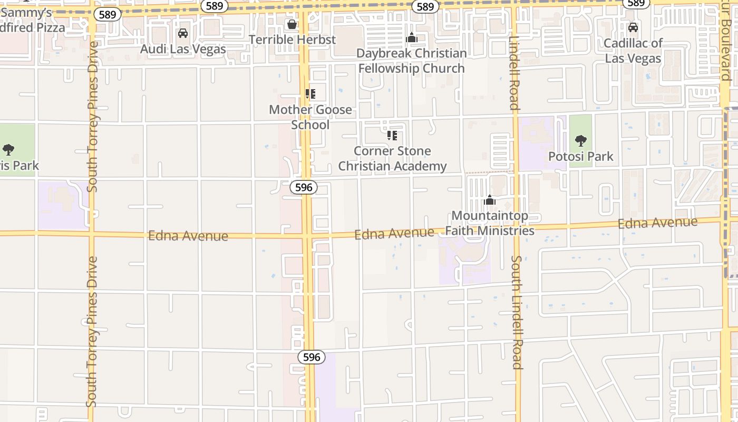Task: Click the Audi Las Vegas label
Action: tap(183, 49)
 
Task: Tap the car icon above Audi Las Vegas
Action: tap(183, 33)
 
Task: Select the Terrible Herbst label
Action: tap(292, 40)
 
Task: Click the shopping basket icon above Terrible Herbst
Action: tap(292, 24)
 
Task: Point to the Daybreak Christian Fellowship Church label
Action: tap(411, 61)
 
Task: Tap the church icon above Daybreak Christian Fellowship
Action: tap(412, 38)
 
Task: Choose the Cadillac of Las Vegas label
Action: tap(633, 51)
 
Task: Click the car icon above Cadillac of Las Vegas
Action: tap(633, 27)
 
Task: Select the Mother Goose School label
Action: tap(310, 117)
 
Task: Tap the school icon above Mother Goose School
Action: tap(310, 94)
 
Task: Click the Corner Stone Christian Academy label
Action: tap(392, 158)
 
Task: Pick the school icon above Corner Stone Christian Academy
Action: tap(392, 136)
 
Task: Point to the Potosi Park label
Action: tap(581, 156)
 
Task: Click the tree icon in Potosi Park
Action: tap(580, 141)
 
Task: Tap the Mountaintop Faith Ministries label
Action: tap(490, 223)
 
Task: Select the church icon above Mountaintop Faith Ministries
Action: tap(490, 200)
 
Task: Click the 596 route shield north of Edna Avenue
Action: tap(304, 187)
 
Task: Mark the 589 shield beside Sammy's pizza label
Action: tap(107, 14)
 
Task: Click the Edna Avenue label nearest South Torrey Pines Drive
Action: tap(188, 235)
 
